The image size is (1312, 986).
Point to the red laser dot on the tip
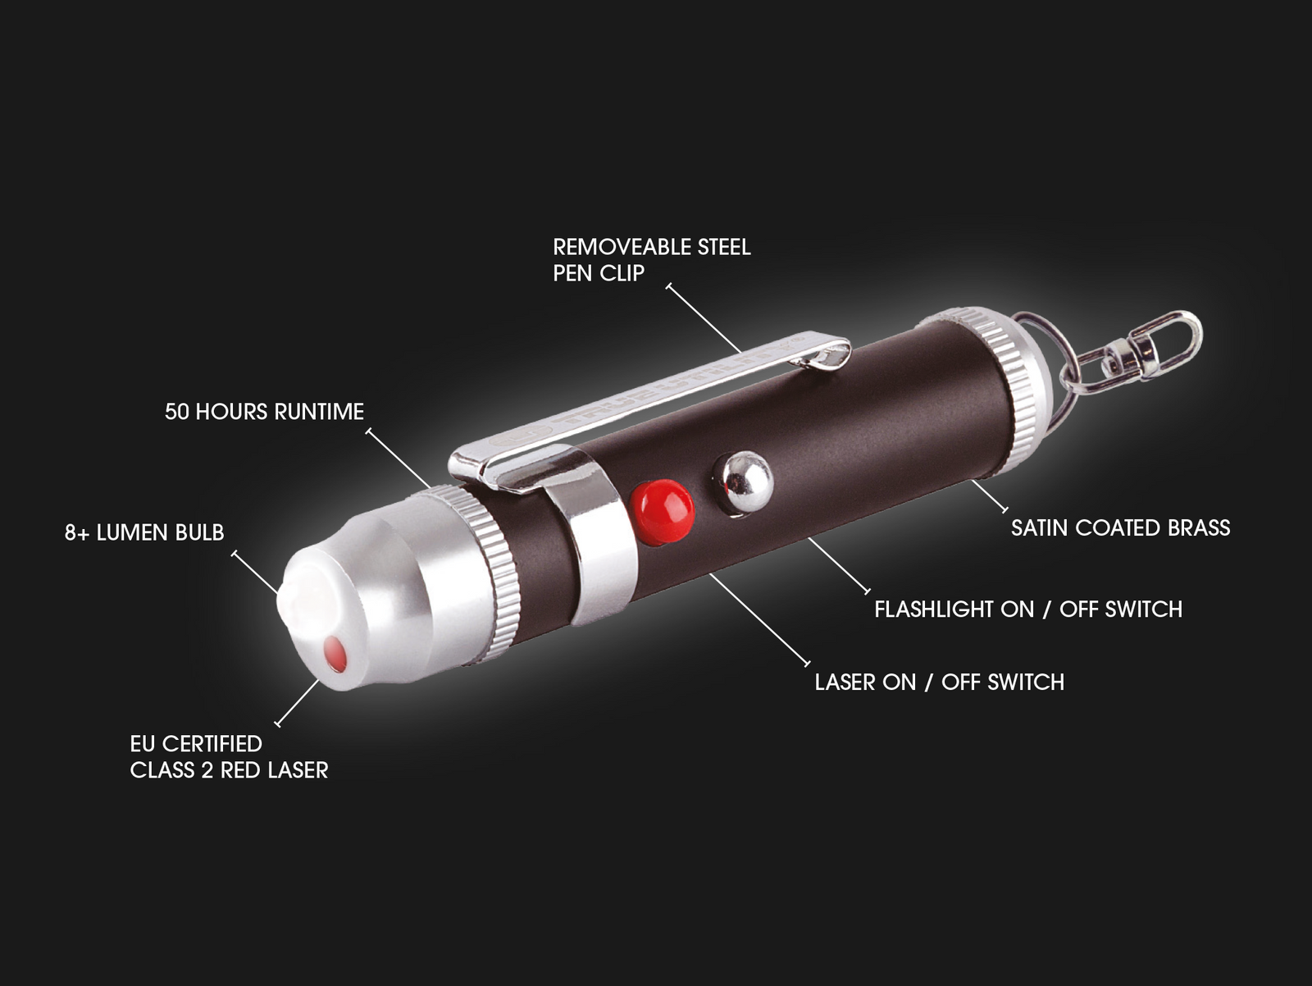334,654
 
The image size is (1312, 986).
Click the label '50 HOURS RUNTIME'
264,412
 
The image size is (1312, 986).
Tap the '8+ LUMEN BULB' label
144,532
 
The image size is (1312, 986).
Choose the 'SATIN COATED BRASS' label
1120,527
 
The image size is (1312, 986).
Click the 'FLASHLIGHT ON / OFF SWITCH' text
1028,609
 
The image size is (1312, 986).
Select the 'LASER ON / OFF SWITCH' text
939,682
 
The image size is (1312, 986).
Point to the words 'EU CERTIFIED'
196,743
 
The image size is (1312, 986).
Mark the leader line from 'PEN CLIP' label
704,319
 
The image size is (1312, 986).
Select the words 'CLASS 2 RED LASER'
229,769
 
